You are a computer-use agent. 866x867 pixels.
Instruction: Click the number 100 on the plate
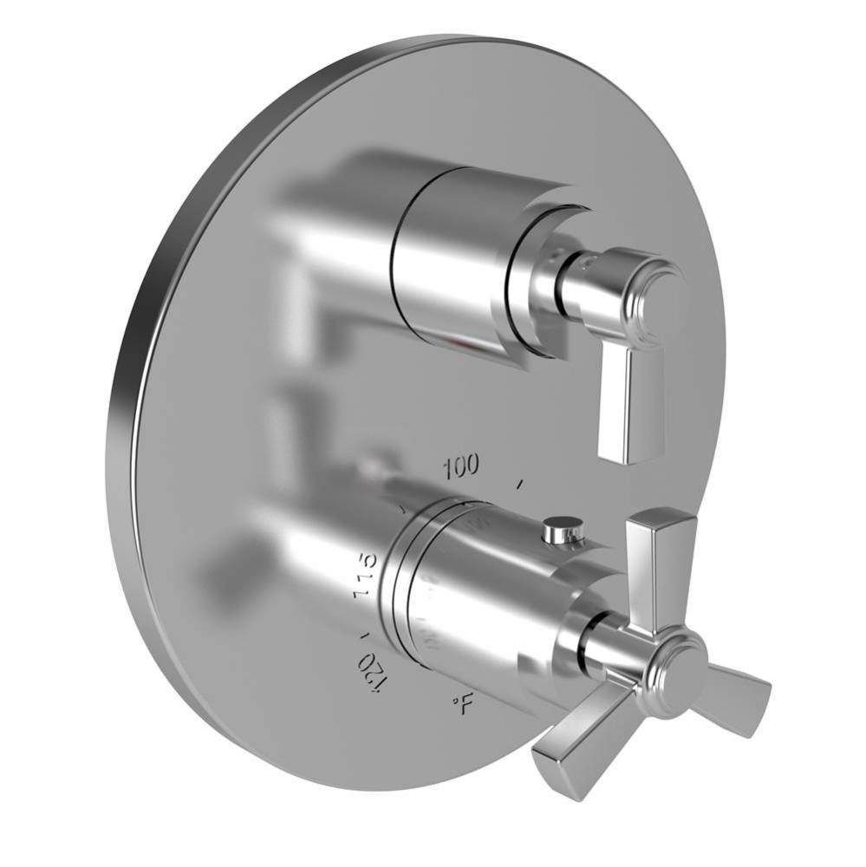tap(460, 467)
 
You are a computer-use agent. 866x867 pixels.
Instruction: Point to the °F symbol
tap(463, 704)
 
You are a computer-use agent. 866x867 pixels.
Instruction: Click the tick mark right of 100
tap(520, 484)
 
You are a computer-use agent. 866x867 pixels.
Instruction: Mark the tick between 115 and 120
tap(361, 626)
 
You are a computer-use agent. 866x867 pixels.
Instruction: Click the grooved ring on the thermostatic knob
tap(404, 590)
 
